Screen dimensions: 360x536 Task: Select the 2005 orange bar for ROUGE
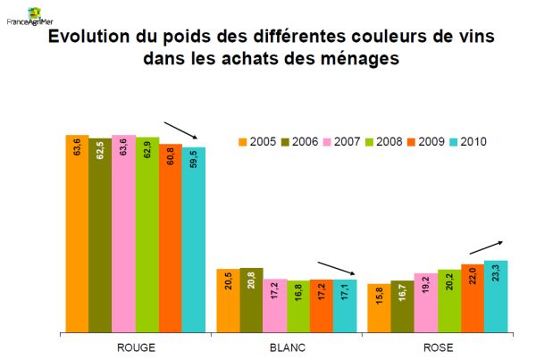[x=77, y=232]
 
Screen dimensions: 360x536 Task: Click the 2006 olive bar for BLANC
[x=252, y=298]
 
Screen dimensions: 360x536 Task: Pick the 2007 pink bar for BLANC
[x=275, y=304]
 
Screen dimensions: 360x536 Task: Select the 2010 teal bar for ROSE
[x=496, y=295]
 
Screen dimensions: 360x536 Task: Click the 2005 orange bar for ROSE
[x=379, y=306]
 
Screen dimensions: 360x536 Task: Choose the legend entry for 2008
[x=379, y=141]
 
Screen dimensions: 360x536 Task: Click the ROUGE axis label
[x=137, y=347]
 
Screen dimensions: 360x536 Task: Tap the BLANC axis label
[x=287, y=347]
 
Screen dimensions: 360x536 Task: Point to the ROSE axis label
[x=438, y=347]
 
